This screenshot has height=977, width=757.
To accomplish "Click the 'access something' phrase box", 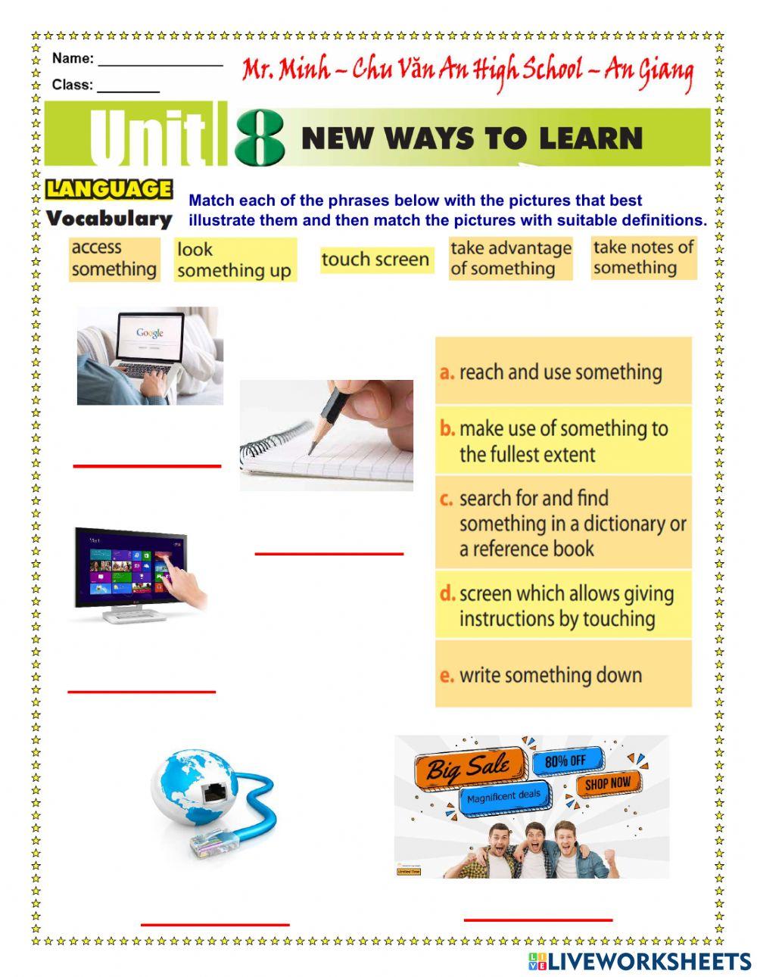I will click(x=114, y=259).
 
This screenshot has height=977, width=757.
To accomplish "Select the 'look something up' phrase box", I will click(x=234, y=260).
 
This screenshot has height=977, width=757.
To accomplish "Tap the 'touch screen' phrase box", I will click(x=375, y=260).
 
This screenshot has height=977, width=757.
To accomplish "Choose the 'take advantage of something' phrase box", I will click(x=510, y=259).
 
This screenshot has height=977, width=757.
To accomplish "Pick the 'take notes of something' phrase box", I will click(x=643, y=257).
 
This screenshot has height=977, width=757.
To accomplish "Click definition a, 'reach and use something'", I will click(x=563, y=372).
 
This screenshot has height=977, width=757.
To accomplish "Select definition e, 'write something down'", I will click(x=563, y=674).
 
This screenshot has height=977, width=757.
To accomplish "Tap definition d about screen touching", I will click(x=563, y=605).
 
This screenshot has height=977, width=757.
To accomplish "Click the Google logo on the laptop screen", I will click(x=150, y=333).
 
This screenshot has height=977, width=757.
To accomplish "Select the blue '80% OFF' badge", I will click(x=568, y=760).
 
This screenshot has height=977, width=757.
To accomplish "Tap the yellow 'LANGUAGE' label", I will click(x=109, y=189).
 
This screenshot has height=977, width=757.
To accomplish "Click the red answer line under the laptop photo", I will click(x=147, y=465).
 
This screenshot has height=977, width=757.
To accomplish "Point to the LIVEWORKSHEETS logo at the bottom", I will click(x=639, y=961).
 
